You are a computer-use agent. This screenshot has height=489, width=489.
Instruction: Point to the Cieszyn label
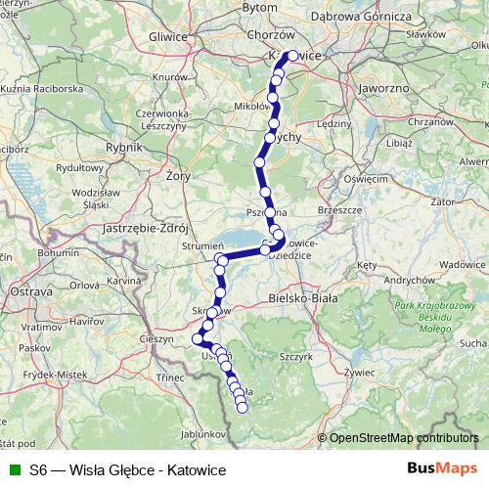[156, 338]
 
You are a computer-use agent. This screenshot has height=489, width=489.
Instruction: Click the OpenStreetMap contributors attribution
[406, 437]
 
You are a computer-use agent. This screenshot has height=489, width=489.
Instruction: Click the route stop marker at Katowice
[291, 56]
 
